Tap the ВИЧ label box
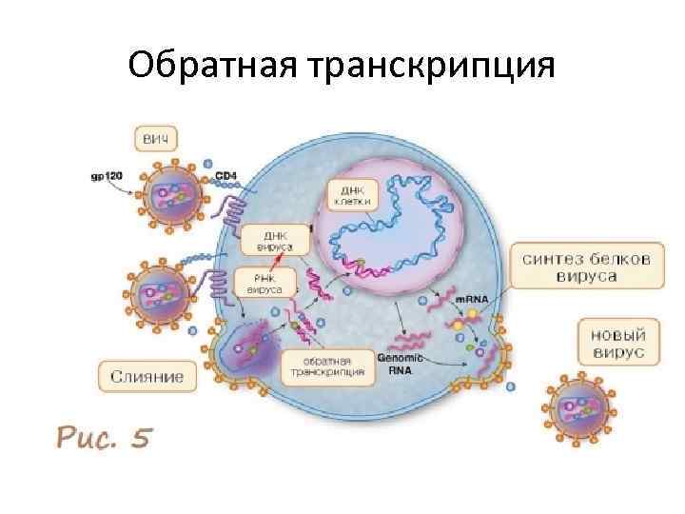[x=156, y=140]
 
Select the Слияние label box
[x=148, y=377]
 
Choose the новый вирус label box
[x=613, y=344]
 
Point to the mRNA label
[x=472, y=299]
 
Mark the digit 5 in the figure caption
[x=142, y=437]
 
